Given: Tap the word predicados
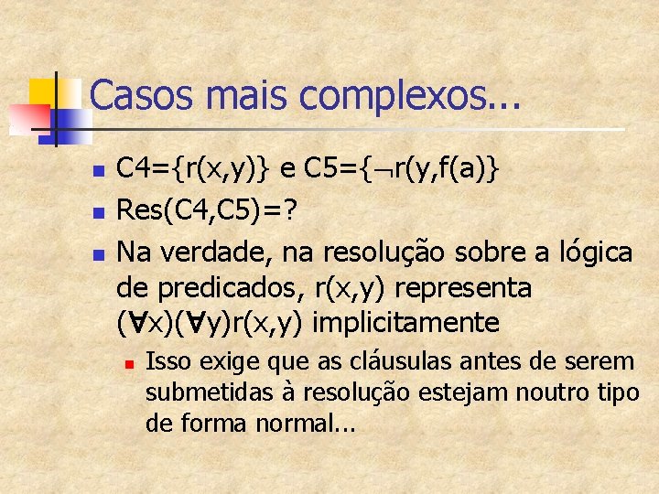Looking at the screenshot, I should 229,287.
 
